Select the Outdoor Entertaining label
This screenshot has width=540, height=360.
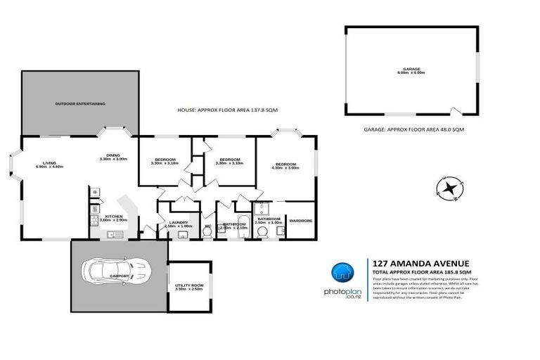click(80, 103)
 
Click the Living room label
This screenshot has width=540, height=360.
click(49, 162)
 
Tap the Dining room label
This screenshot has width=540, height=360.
click(113, 155)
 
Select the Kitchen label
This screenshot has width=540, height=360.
click(114, 217)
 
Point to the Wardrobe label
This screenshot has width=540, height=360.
click(301, 221)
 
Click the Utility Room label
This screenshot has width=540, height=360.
click(189, 285)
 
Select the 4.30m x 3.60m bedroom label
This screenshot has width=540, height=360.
click(285, 164)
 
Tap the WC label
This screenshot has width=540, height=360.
click(207, 226)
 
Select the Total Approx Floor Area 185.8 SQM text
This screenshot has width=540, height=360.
click(422, 271)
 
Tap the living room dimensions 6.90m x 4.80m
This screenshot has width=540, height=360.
click(49, 167)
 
